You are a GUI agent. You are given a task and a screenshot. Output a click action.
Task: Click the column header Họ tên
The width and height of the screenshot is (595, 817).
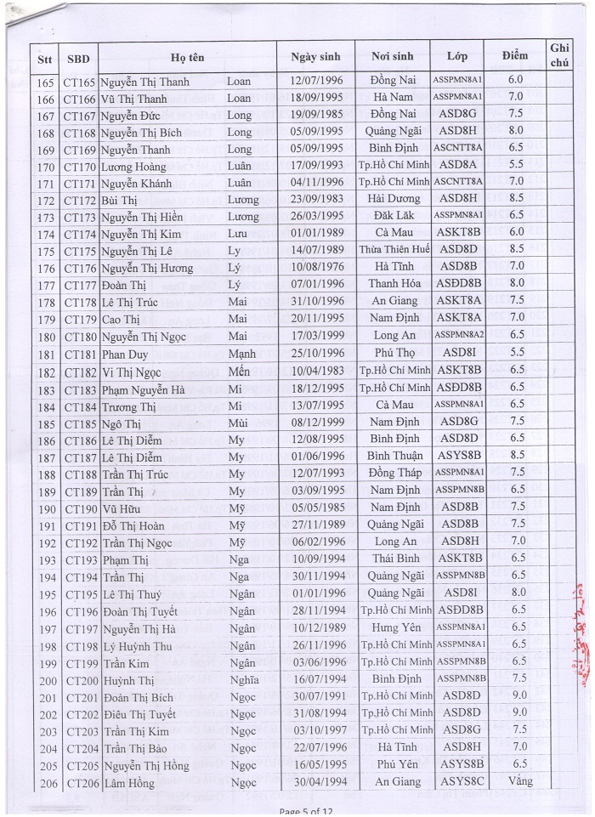click(x=189, y=57)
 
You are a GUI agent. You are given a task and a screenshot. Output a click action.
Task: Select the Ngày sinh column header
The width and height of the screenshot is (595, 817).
click(x=314, y=57)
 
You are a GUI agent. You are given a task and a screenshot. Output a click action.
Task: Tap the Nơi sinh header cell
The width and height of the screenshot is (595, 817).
click(x=392, y=57)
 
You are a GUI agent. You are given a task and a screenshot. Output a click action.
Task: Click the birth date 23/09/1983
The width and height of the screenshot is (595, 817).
click(x=314, y=198)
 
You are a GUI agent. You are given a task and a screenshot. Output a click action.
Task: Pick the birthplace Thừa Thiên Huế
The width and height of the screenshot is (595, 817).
click(x=392, y=250)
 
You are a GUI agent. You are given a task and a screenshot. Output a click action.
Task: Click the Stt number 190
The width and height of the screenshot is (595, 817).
click(x=46, y=508)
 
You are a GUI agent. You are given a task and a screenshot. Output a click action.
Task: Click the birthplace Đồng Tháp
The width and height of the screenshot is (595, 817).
click(x=392, y=473)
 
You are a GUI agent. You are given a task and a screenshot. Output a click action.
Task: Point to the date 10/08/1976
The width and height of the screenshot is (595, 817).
click(x=314, y=267)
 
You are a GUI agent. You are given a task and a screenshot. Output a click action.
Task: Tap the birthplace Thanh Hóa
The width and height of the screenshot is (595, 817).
click(x=392, y=284)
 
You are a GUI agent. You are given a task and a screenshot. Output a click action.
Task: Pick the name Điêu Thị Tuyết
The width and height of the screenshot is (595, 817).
click(x=139, y=713)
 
